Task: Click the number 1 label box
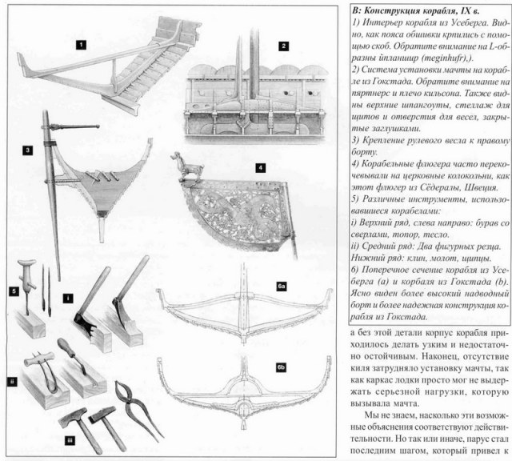tap(81, 46)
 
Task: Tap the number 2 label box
tap(282, 47)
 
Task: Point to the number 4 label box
tap(259, 168)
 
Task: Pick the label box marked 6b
tap(281, 367)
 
